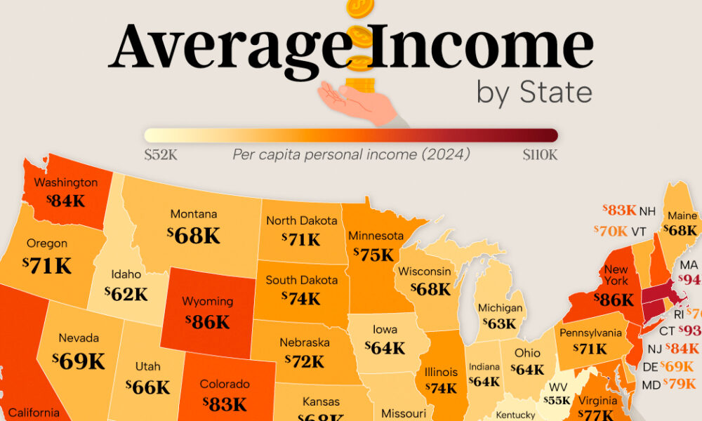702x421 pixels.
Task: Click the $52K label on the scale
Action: click(x=160, y=154)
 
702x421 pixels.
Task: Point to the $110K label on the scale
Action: click(x=539, y=154)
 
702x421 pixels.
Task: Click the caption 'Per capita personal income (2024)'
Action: click(x=351, y=154)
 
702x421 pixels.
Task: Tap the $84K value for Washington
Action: click(x=65, y=201)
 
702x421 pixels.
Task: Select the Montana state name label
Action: click(x=193, y=215)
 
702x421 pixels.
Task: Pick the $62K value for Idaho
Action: click(x=126, y=294)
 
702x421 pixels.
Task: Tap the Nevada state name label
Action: click(x=79, y=338)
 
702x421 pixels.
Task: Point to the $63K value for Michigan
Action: click(x=500, y=325)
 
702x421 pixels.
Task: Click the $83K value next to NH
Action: click(x=619, y=210)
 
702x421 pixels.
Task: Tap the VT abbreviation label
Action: click(x=638, y=231)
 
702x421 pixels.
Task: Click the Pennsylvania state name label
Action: click(x=591, y=333)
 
